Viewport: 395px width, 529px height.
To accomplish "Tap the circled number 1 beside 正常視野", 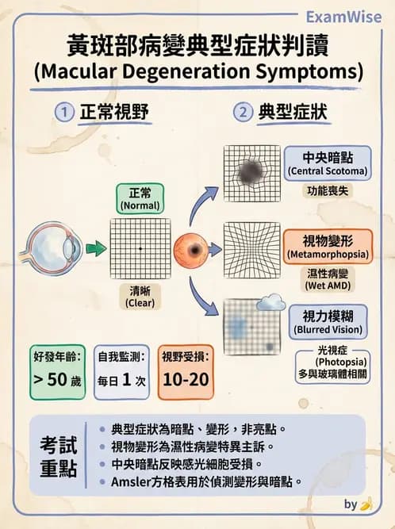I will (63, 112).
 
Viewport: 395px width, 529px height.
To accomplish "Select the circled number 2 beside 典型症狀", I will (242, 112).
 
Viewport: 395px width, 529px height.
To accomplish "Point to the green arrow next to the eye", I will (95, 248).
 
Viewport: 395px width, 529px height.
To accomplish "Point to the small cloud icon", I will (274, 301).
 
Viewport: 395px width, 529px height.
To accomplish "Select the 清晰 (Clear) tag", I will (140, 297).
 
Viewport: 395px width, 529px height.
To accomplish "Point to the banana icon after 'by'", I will (366, 504).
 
